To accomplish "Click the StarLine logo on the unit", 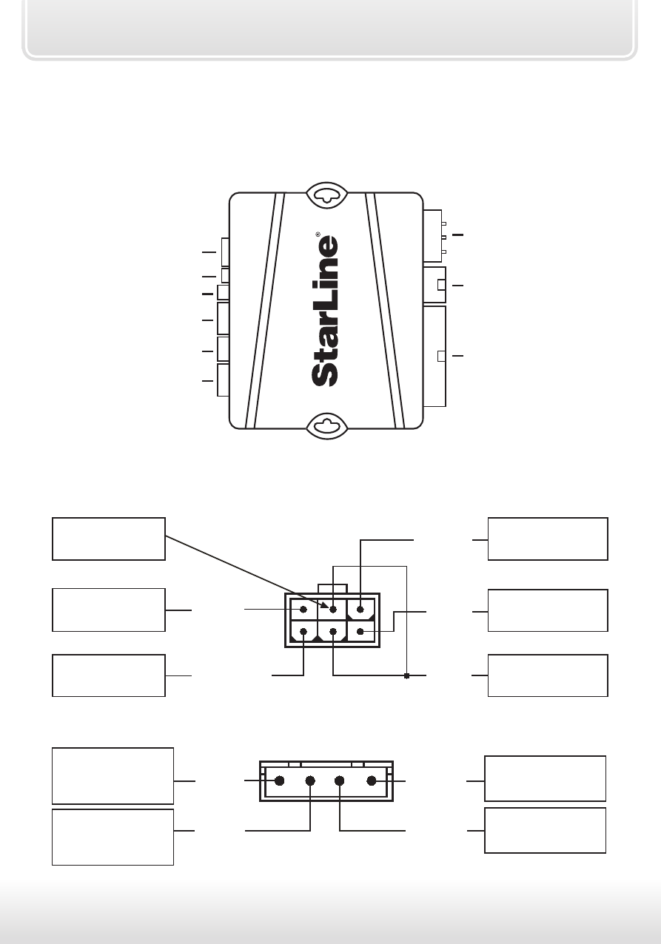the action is (x=325, y=311).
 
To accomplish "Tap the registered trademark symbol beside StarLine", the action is (x=318, y=235).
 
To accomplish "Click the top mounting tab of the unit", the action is (x=326, y=195).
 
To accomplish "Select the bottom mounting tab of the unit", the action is (x=326, y=426).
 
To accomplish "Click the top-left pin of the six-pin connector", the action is (x=303, y=610).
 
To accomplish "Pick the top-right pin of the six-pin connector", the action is (x=360, y=610).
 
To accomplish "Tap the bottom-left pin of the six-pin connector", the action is (x=303, y=631).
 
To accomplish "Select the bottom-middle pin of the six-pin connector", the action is (x=333, y=631).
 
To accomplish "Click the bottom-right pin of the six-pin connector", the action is (x=360, y=631).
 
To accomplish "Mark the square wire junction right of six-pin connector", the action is (x=407, y=676).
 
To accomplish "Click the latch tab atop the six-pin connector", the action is (x=332, y=589).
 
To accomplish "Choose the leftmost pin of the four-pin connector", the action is (x=279, y=781).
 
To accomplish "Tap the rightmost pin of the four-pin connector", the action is (x=372, y=781).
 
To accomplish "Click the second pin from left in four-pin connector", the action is (x=310, y=781).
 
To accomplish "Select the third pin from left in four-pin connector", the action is (x=339, y=781).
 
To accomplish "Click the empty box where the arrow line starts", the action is (x=109, y=539).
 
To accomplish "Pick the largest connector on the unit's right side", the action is (x=434, y=356).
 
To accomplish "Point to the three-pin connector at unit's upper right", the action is (x=433, y=236).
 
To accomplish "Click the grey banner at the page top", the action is (x=329, y=30).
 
